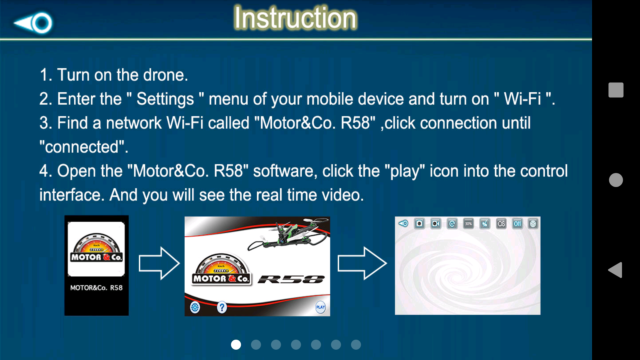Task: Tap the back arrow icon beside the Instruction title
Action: click(33, 23)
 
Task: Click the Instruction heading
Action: click(295, 18)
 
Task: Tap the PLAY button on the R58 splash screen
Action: click(320, 307)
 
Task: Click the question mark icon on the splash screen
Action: click(222, 307)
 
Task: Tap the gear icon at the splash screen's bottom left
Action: click(195, 307)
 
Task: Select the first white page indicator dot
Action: click(236, 345)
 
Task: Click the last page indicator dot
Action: click(356, 345)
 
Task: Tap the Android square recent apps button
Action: click(616, 90)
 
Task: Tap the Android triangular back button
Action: click(615, 270)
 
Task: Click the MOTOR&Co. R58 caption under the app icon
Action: click(96, 288)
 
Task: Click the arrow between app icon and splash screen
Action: click(159, 263)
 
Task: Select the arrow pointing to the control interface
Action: click(362, 263)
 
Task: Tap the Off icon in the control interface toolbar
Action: click(517, 224)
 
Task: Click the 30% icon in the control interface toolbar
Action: click(468, 224)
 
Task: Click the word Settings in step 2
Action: click(165, 99)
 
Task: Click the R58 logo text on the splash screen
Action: click(291, 279)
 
